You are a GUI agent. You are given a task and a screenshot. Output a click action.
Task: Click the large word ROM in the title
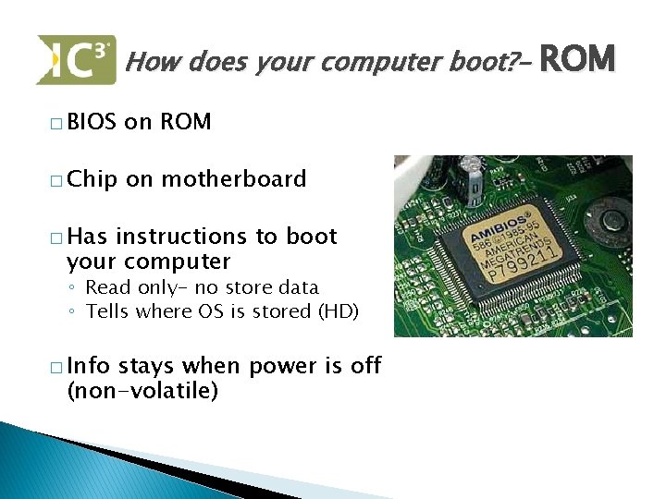[576, 60]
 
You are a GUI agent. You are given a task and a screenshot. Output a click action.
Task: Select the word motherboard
[234, 178]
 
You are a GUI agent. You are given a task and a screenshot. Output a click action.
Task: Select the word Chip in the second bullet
[92, 178]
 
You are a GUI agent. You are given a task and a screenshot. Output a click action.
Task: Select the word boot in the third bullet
[312, 237]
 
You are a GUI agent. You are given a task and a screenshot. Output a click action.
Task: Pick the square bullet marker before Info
[57, 368]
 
